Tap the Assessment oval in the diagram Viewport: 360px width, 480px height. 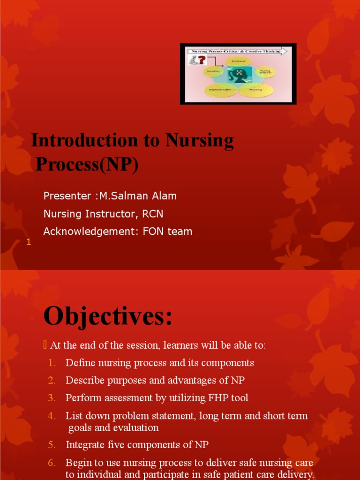click(239, 61)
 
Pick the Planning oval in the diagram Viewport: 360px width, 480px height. click(255, 89)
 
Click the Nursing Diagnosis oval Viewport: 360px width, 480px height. click(265, 72)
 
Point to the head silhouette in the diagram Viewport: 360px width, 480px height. click(237, 75)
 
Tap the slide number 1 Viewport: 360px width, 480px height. click(29, 242)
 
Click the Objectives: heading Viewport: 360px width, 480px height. click(108, 316)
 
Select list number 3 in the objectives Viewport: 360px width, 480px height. click(52, 398)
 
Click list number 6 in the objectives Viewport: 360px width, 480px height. click(52, 463)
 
